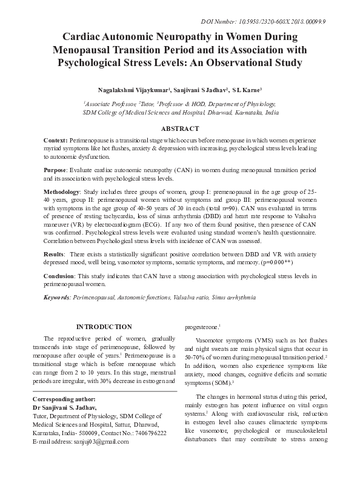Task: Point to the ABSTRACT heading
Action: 179,128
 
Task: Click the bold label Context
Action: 56,140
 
